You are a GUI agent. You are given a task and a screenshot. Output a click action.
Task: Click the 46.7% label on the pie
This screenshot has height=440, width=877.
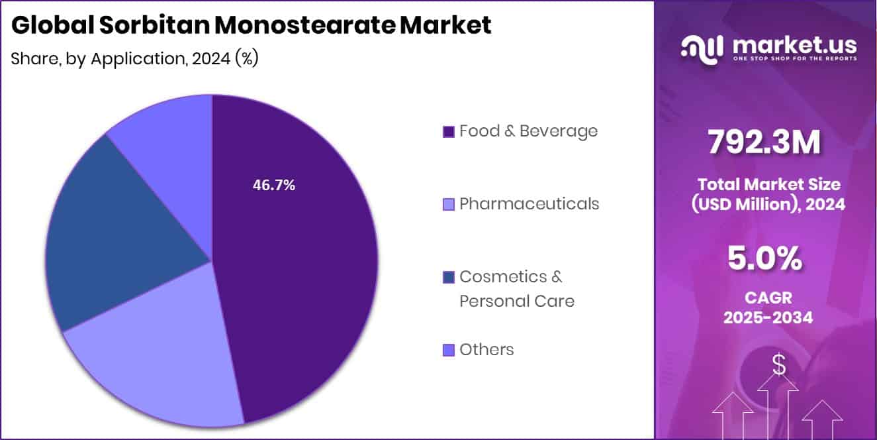273,186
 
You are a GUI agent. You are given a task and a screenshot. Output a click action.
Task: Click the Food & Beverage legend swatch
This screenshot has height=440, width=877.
448,132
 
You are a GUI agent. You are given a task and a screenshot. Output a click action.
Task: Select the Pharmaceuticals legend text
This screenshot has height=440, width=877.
529,203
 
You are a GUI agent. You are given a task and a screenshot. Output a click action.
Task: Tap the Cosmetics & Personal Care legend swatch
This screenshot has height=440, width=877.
448,277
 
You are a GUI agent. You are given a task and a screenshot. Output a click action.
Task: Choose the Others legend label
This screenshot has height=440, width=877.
486,349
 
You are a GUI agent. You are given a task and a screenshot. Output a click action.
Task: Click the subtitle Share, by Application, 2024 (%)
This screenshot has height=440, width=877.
134,58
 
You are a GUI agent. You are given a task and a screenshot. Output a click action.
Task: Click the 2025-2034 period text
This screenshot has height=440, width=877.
768,317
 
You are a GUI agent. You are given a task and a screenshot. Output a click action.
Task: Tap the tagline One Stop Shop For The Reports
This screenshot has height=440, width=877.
794,59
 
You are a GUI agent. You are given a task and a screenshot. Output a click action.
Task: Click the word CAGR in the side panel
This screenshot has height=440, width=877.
768,298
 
